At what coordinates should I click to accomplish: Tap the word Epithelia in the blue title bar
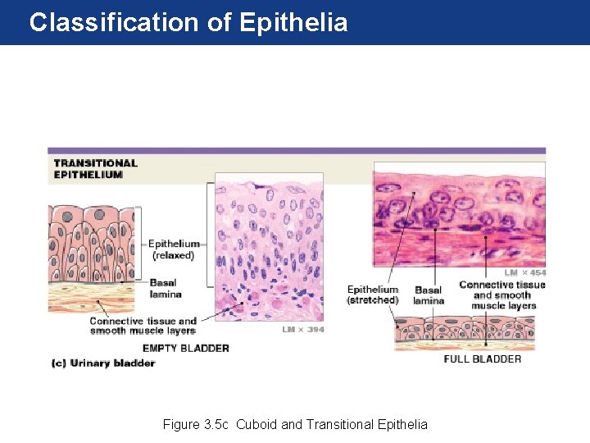(x=294, y=22)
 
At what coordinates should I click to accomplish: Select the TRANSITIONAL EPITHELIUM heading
(x=95, y=168)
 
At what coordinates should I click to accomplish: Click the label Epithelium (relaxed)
(x=174, y=249)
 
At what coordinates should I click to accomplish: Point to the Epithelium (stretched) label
(x=373, y=295)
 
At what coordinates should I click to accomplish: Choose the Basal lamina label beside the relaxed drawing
(x=166, y=289)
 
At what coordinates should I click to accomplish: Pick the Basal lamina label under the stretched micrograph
(x=429, y=295)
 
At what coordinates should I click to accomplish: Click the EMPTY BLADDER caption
(x=186, y=348)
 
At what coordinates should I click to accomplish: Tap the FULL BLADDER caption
(x=482, y=359)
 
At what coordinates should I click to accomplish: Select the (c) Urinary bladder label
(x=103, y=363)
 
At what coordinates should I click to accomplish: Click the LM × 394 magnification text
(x=303, y=330)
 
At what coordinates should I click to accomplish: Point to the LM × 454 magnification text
(x=524, y=272)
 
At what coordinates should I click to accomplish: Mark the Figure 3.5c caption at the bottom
(x=295, y=424)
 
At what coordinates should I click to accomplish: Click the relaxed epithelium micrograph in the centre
(x=269, y=246)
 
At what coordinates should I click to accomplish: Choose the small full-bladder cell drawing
(x=465, y=333)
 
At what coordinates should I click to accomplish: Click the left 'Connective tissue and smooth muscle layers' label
(x=143, y=326)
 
